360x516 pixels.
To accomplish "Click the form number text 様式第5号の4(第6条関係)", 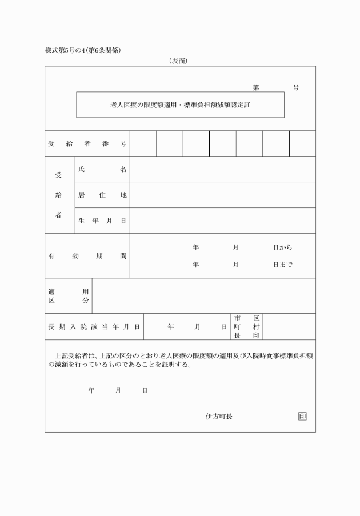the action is [x=83, y=50].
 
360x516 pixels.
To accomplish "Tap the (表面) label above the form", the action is [x=178, y=61].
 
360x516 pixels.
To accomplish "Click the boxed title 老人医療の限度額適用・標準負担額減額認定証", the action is [x=180, y=105].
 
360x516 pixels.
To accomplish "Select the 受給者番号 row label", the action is [x=87, y=143].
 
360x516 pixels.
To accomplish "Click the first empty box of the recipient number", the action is [x=143, y=143].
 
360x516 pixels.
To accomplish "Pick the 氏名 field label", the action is [x=102, y=169].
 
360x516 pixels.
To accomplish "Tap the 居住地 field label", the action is [x=102, y=195].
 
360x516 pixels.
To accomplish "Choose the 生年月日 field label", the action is [x=102, y=221].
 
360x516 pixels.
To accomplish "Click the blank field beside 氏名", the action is [x=222, y=169].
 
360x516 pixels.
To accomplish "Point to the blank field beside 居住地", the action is [x=222, y=195].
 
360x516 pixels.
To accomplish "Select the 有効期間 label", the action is [x=87, y=256].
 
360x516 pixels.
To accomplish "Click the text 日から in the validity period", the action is [x=282, y=247].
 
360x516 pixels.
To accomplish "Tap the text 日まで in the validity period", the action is [x=282, y=265].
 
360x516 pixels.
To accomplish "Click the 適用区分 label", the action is [x=69, y=295].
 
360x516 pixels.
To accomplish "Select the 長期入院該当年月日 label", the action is [x=94, y=327].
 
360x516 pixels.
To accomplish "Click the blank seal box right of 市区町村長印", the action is [x=289, y=326].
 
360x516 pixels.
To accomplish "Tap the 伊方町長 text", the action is [x=219, y=416].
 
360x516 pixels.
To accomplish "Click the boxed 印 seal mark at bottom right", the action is [x=302, y=416].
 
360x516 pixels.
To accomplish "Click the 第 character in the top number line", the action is [x=256, y=87].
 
